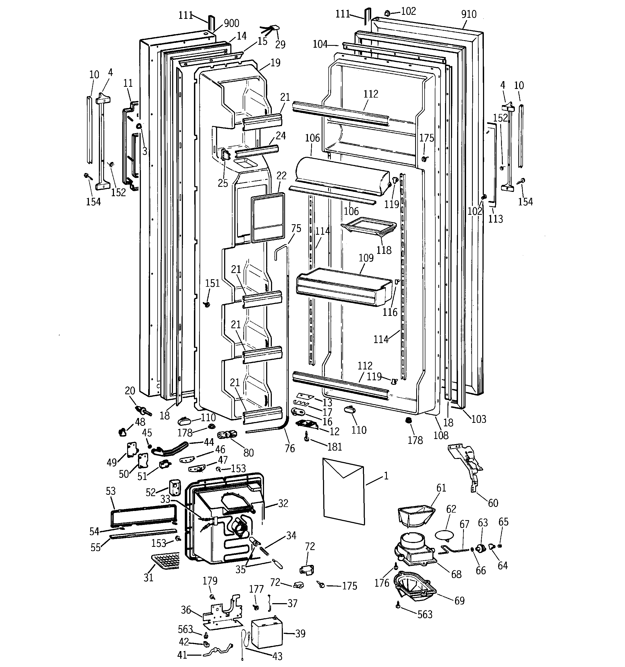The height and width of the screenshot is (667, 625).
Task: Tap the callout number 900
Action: pos(231,23)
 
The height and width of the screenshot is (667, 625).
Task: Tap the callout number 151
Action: pos(212,283)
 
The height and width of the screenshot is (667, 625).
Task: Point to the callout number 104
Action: pos(320,44)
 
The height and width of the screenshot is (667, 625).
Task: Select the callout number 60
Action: pos(493,503)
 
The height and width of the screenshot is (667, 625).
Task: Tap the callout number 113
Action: pos(495,219)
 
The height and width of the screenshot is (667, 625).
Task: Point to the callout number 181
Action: pos(335,447)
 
